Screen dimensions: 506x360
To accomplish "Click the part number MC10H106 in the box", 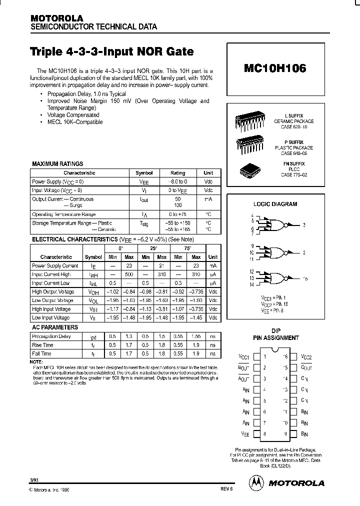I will [x=275, y=69].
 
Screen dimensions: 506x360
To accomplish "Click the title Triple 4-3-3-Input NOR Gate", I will [x=111, y=51].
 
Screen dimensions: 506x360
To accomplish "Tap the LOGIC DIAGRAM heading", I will [x=275, y=204].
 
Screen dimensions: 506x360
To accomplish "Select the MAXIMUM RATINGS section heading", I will [x=57, y=163].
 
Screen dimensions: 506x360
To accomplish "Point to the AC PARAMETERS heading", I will [x=55, y=327].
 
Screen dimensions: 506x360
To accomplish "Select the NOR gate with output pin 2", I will [x=275, y=252].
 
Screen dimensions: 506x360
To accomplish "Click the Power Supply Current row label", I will [x=55, y=266].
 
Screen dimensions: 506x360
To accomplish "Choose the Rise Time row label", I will [x=42, y=345].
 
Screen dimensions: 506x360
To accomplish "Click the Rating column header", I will [x=177, y=173].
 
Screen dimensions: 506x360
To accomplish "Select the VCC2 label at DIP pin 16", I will [x=306, y=357].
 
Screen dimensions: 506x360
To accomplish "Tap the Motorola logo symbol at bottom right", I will [x=255, y=482].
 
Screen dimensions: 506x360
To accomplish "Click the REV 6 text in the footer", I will [x=226, y=490].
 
